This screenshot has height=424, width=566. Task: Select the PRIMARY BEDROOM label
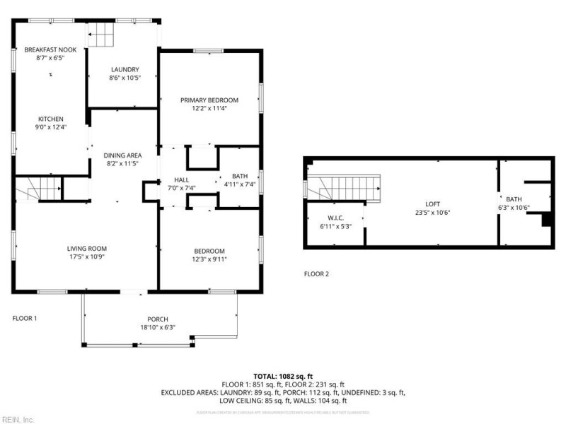[209, 100]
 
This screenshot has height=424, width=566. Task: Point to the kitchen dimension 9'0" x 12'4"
[51, 127]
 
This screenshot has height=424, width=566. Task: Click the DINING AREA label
[123, 155]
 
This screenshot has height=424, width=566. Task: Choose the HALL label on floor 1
[172, 180]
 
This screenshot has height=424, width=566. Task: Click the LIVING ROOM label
[87, 248]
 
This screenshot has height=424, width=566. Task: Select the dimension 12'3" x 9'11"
[209, 259]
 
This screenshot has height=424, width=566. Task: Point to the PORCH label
[158, 319]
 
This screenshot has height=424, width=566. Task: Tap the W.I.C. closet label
[335, 217]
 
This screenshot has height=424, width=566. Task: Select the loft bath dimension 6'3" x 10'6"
[514, 208]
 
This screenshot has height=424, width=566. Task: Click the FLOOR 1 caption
[25, 318]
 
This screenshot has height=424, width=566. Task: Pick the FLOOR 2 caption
[316, 273]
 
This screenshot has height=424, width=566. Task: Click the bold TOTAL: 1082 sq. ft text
[283, 376]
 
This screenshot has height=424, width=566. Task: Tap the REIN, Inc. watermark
[18, 419]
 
